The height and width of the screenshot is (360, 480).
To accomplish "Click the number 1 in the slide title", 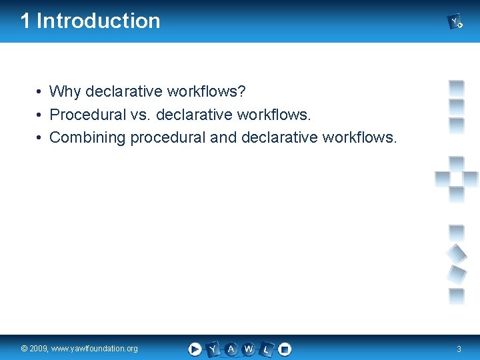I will [x=25, y=21].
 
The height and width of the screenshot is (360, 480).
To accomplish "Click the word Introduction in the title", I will [x=99, y=21].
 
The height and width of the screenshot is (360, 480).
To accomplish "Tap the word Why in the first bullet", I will [x=63, y=91].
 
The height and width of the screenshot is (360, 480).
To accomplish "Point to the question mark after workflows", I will [x=243, y=91].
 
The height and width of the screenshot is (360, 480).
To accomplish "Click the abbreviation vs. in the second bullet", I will [x=141, y=114].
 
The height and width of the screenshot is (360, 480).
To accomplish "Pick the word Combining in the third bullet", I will [x=87, y=137].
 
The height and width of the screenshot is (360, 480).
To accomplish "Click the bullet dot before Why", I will [x=41, y=91].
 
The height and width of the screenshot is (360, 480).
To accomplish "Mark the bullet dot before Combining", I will [x=41, y=137].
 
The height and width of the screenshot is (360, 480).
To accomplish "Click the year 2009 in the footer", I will [x=39, y=349].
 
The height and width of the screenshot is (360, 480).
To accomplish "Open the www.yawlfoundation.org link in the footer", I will [x=95, y=349].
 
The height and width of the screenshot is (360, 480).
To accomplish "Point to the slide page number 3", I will [x=459, y=349].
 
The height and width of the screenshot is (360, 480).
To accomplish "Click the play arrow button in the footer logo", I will [x=195, y=349].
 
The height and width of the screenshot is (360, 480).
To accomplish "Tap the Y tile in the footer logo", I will [x=213, y=349].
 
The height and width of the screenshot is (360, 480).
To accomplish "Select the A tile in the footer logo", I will [x=231, y=349].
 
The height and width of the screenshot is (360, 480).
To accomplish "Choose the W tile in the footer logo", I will [x=249, y=349].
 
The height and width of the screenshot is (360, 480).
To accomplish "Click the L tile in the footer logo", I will [x=267, y=349].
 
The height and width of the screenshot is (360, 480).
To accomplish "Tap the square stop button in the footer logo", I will [x=285, y=349].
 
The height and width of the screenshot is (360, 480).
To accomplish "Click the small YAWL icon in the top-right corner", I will [x=455, y=22].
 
